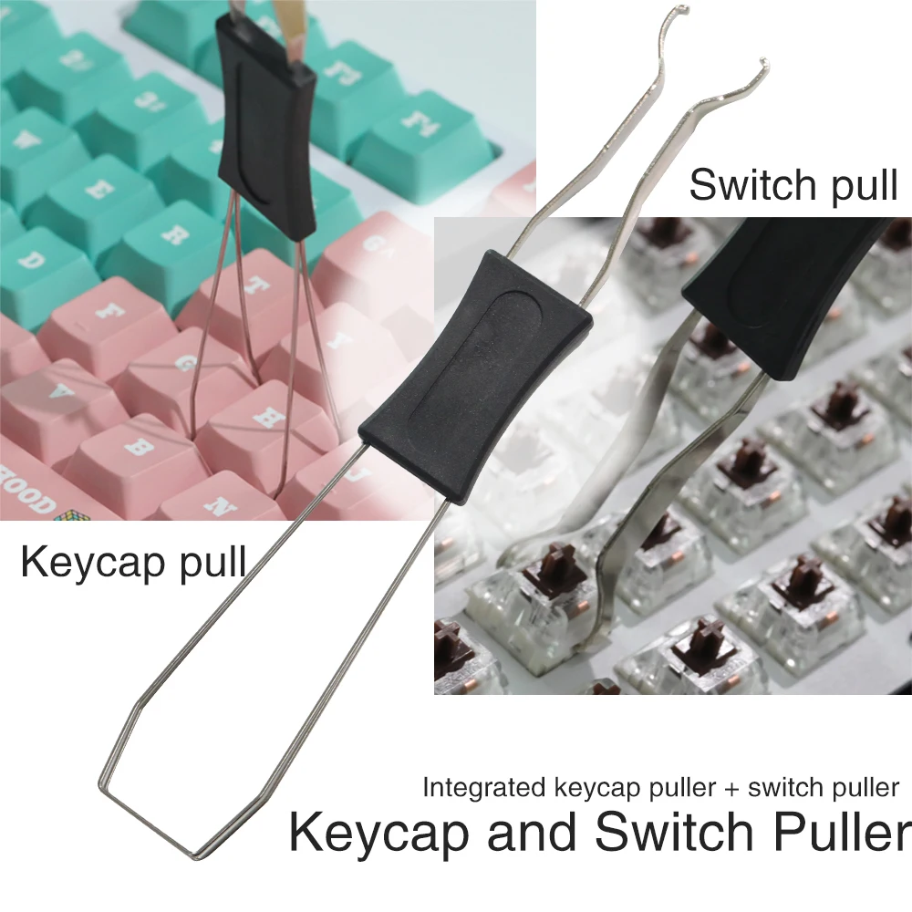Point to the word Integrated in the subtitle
point(484,788)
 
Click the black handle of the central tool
point(475,378)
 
